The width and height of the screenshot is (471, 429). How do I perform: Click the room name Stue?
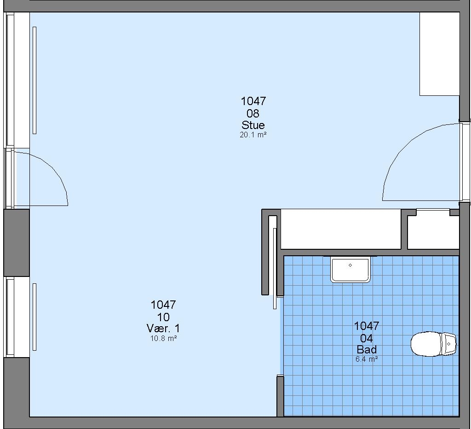coord(253,125)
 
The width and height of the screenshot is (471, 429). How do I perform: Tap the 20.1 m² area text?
coord(253,135)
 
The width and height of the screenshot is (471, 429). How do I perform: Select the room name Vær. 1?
coord(163,328)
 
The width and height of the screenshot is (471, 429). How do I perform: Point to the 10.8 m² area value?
coord(163,338)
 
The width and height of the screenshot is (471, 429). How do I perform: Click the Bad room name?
coord(367,350)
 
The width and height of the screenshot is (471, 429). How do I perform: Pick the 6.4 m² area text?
coord(367,359)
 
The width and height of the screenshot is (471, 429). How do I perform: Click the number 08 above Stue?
coord(253,113)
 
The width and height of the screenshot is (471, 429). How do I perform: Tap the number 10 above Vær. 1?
coord(163,317)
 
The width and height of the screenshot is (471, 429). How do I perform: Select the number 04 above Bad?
coord(367,338)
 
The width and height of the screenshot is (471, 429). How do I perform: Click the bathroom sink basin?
coord(350,270)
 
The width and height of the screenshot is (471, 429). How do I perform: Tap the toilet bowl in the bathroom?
coord(426,344)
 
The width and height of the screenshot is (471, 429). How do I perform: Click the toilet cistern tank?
coord(448,344)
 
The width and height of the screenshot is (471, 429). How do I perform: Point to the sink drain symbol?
coord(350,265)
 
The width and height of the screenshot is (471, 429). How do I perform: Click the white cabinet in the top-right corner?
coord(439,54)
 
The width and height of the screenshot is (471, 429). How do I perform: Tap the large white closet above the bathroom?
coord(341,229)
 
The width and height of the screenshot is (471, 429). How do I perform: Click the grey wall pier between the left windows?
coord(17,243)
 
